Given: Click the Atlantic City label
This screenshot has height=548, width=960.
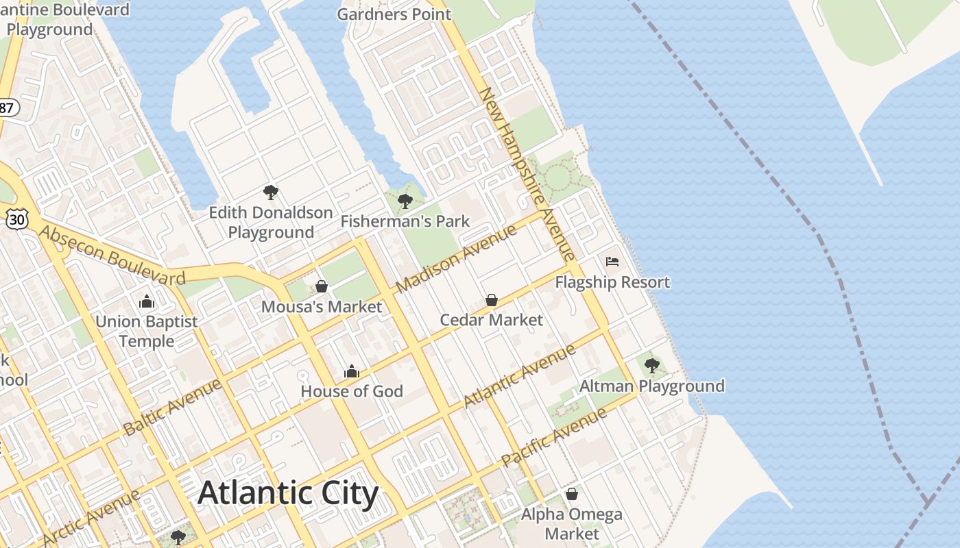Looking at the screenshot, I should (288, 493).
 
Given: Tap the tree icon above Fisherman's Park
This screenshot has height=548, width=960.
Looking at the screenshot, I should (405, 201).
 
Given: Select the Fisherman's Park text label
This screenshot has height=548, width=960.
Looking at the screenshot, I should (405, 221).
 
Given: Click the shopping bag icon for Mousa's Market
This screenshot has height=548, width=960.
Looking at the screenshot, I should (321, 286).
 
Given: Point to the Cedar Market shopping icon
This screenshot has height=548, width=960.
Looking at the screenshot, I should (491, 300).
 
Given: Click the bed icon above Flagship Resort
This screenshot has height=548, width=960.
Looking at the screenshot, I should (612, 262).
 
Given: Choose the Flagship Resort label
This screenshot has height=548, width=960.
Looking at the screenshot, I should (612, 282).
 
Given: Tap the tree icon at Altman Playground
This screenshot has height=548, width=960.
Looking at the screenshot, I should (652, 365).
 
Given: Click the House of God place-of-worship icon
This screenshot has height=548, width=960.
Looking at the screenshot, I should (352, 371).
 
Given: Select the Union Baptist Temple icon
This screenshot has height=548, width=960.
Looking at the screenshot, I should (146, 301).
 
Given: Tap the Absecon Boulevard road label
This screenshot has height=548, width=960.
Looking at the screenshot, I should (112, 255).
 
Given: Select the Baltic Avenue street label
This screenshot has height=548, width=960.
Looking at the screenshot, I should (173, 407).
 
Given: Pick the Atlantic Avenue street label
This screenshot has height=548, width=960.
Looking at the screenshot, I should (520, 376).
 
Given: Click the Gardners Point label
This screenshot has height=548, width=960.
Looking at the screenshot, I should (394, 14).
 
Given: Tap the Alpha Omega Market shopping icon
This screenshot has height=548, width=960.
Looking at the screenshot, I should (571, 494).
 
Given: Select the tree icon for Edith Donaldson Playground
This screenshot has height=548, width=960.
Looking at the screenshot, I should (271, 192).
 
